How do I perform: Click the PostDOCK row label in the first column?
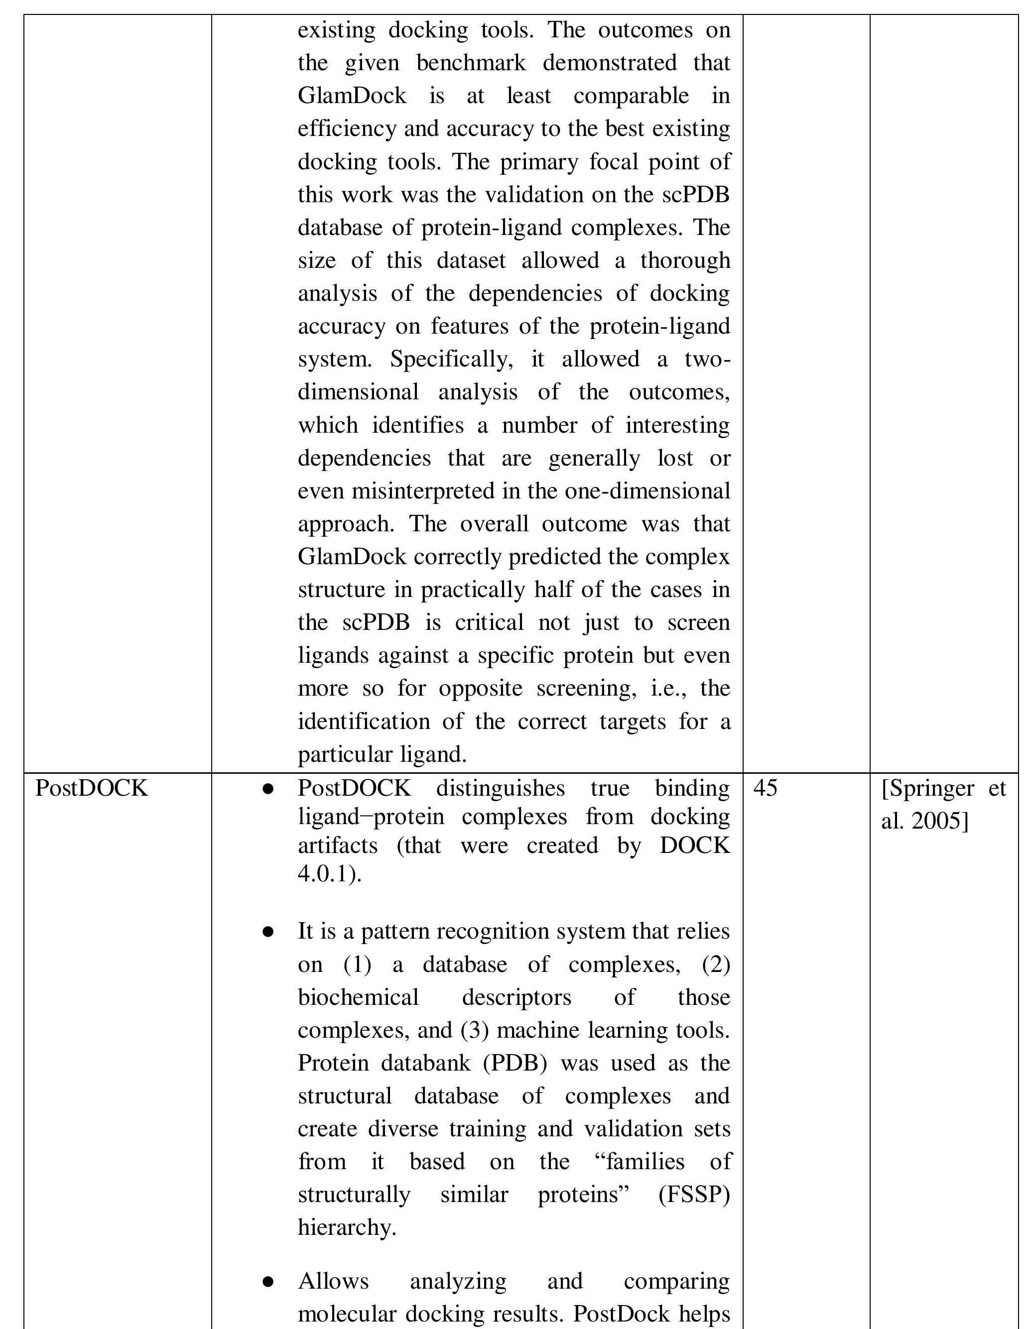pos(91,788)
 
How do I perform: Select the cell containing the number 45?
pos(765,788)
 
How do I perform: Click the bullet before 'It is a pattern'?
pos(267,932)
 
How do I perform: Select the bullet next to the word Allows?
pos(267,1282)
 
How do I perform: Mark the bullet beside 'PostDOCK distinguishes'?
pos(267,789)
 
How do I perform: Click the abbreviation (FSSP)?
pos(694,1195)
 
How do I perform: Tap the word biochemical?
pos(359,997)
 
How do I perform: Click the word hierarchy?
pos(346,1227)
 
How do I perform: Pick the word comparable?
pos(631,96)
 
